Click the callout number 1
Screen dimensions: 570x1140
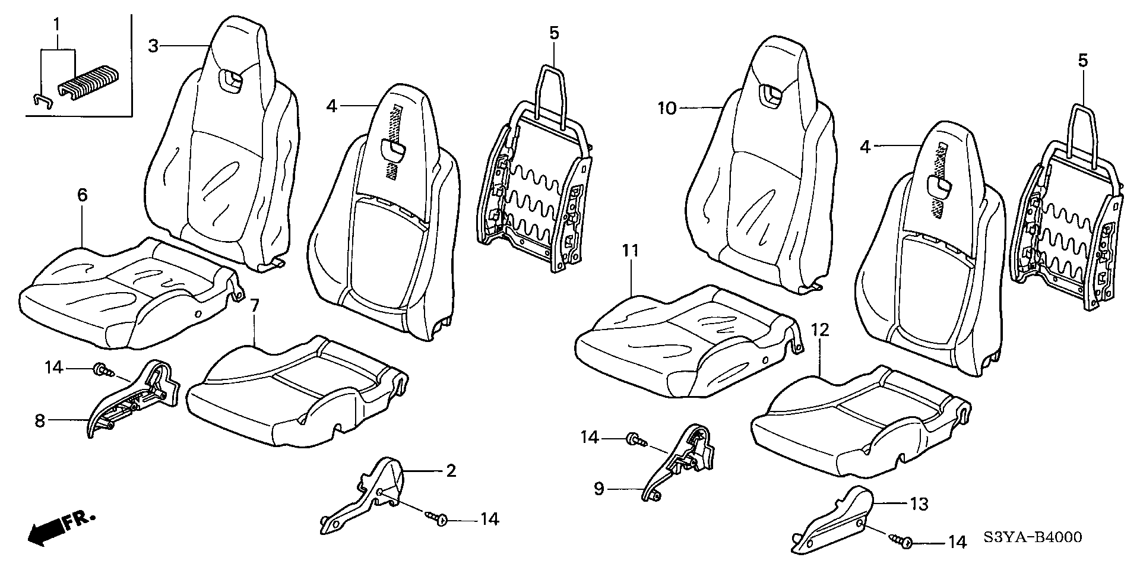point(56,25)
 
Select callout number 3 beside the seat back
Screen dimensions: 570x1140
point(154,46)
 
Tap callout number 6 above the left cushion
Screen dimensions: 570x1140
point(82,195)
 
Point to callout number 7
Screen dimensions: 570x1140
point(254,306)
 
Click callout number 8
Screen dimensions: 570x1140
point(40,421)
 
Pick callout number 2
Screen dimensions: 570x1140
point(451,471)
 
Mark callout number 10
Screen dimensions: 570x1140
point(667,109)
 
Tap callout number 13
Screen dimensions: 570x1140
point(920,504)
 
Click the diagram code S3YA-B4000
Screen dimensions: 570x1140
point(1032,537)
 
